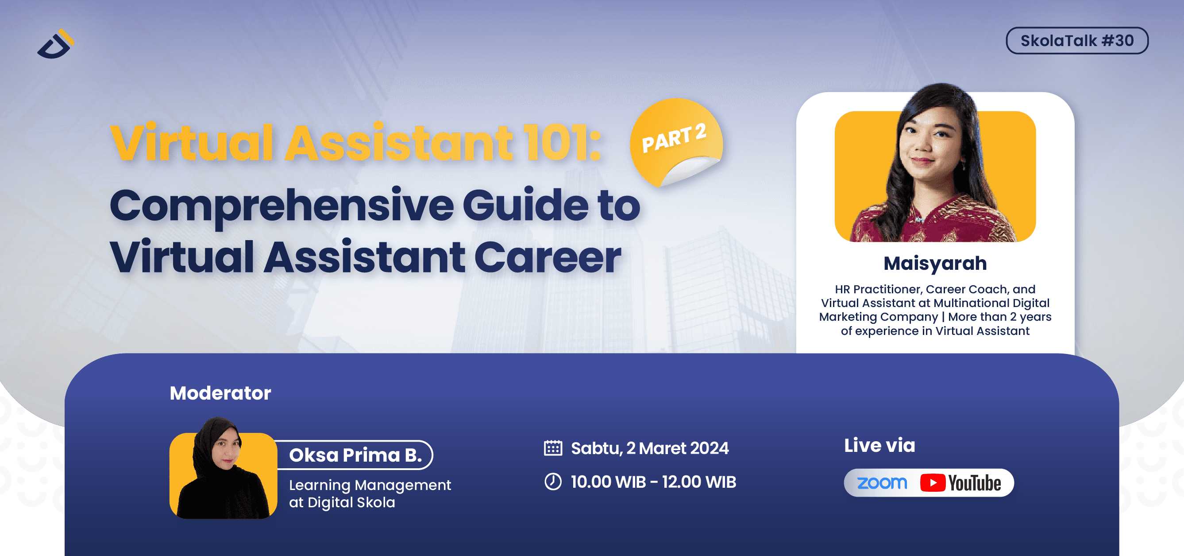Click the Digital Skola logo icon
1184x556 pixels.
(x=56, y=45)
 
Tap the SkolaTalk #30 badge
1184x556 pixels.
(x=1076, y=41)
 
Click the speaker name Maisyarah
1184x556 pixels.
(x=935, y=263)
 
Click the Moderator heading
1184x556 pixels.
(x=220, y=393)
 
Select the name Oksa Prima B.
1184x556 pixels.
(x=355, y=455)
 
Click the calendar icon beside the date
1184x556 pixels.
(x=553, y=448)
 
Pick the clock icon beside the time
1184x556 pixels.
(x=553, y=482)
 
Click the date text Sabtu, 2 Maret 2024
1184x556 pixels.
(x=649, y=448)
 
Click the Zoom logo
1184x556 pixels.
(x=882, y=482)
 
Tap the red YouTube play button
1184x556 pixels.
(x=932, y=483)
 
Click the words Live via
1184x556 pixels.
(x=879, y=445)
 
